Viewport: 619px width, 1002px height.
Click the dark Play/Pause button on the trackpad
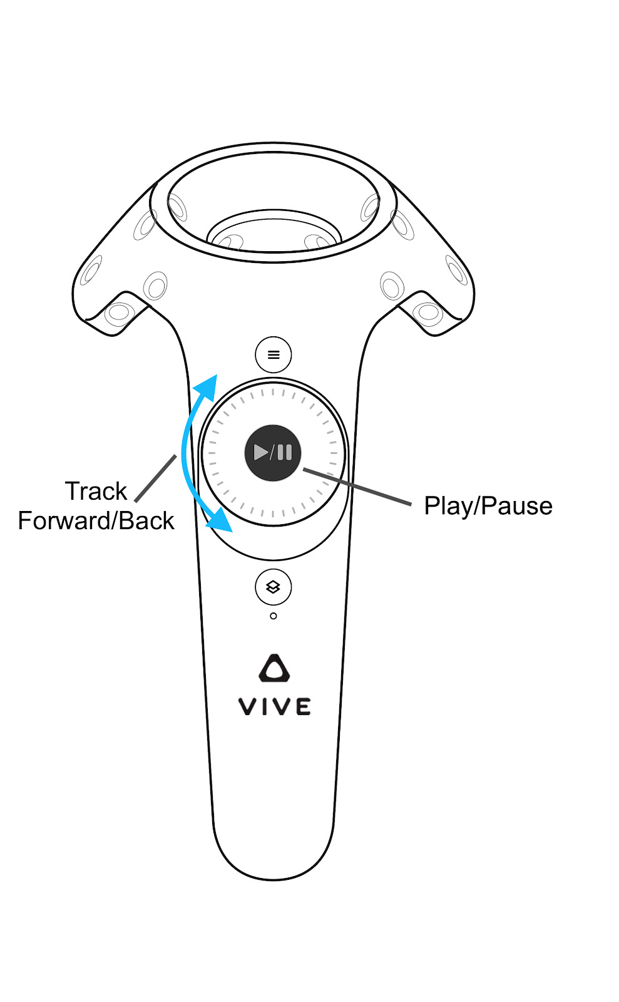point(273,452)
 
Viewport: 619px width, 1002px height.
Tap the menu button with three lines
point(274,354)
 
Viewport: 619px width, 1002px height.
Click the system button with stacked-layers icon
point(273,587)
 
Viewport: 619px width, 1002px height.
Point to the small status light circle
point(273,616)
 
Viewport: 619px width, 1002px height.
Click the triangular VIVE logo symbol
point(274,669)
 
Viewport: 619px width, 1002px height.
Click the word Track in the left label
point(96,492)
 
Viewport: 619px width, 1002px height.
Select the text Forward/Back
point(96,521)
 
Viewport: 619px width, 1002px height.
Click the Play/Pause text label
point(488,506)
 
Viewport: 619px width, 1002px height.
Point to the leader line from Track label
point(156,478)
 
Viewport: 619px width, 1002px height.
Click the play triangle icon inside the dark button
point(260,452)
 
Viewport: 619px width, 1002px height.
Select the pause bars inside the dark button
point(285,452)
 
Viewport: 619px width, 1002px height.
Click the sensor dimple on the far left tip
point(90,271)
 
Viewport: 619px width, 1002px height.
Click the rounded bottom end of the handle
point(274,867)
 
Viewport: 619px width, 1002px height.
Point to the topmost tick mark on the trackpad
point(273,392)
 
